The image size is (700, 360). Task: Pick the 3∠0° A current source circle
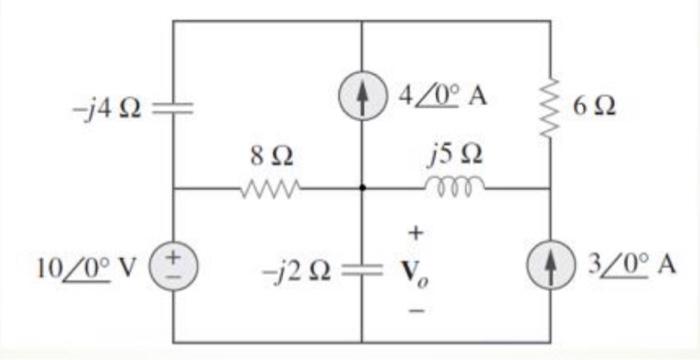click(550, 268)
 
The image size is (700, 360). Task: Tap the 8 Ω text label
click(271, 156)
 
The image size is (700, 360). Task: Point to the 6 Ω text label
click(595, 106)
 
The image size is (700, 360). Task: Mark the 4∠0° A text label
click(446, 97)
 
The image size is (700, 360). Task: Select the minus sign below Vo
click(417, 310)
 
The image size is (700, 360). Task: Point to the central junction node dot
click(361, 187)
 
